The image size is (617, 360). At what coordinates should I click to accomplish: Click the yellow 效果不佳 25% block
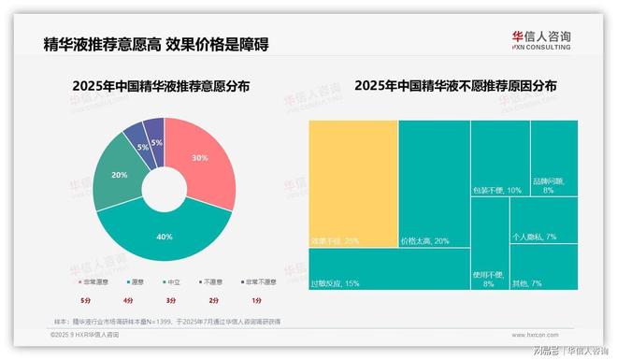353,182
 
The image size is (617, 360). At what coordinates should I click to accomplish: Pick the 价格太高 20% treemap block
434,182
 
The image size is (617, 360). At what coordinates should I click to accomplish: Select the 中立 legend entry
172,281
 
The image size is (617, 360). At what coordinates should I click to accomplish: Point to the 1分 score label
256,300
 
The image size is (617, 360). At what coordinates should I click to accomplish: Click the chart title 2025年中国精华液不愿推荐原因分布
454,87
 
